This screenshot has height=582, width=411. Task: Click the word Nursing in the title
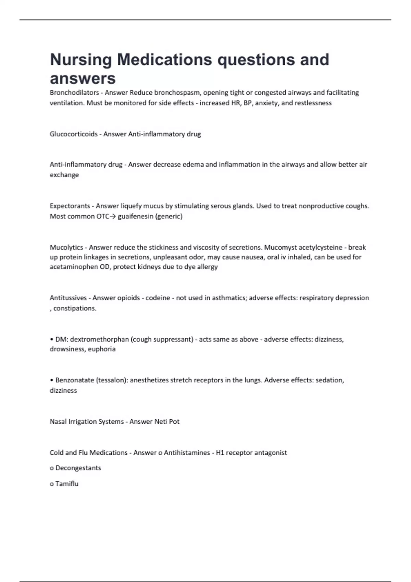81,60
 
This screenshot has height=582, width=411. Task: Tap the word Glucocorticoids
74,134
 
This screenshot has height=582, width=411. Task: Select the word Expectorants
70,206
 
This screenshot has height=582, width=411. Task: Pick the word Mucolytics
66,247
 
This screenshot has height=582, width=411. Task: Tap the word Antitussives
68,298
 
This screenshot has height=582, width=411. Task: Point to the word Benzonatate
75,380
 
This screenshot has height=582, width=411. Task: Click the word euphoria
102,349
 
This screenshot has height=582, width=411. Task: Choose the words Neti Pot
167,421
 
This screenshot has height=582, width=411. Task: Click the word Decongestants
78,468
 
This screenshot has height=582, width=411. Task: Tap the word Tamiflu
67,484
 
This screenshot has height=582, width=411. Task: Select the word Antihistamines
187,453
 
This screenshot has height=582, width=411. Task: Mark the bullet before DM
52,340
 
